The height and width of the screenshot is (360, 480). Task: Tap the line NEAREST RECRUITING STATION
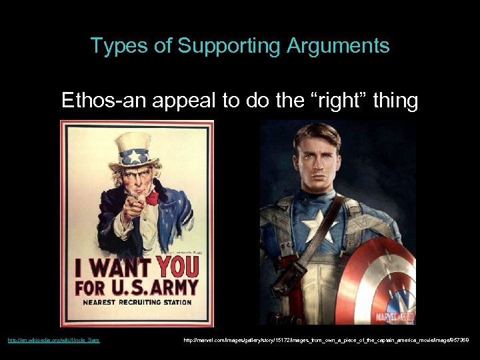pos(137,303)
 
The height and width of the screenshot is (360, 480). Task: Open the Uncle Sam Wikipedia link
pos(54,341)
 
